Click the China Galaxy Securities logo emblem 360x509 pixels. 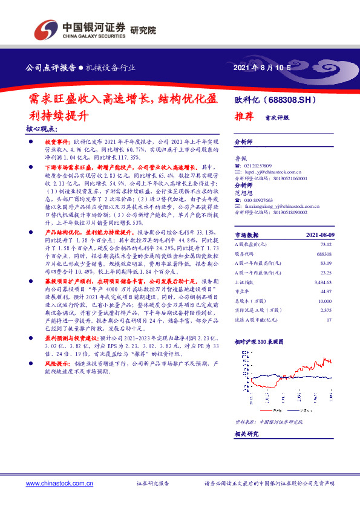click(x=45, y=29)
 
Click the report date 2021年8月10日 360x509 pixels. click(x=262, y=68)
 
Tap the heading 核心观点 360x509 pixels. click(x=41, y=129)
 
